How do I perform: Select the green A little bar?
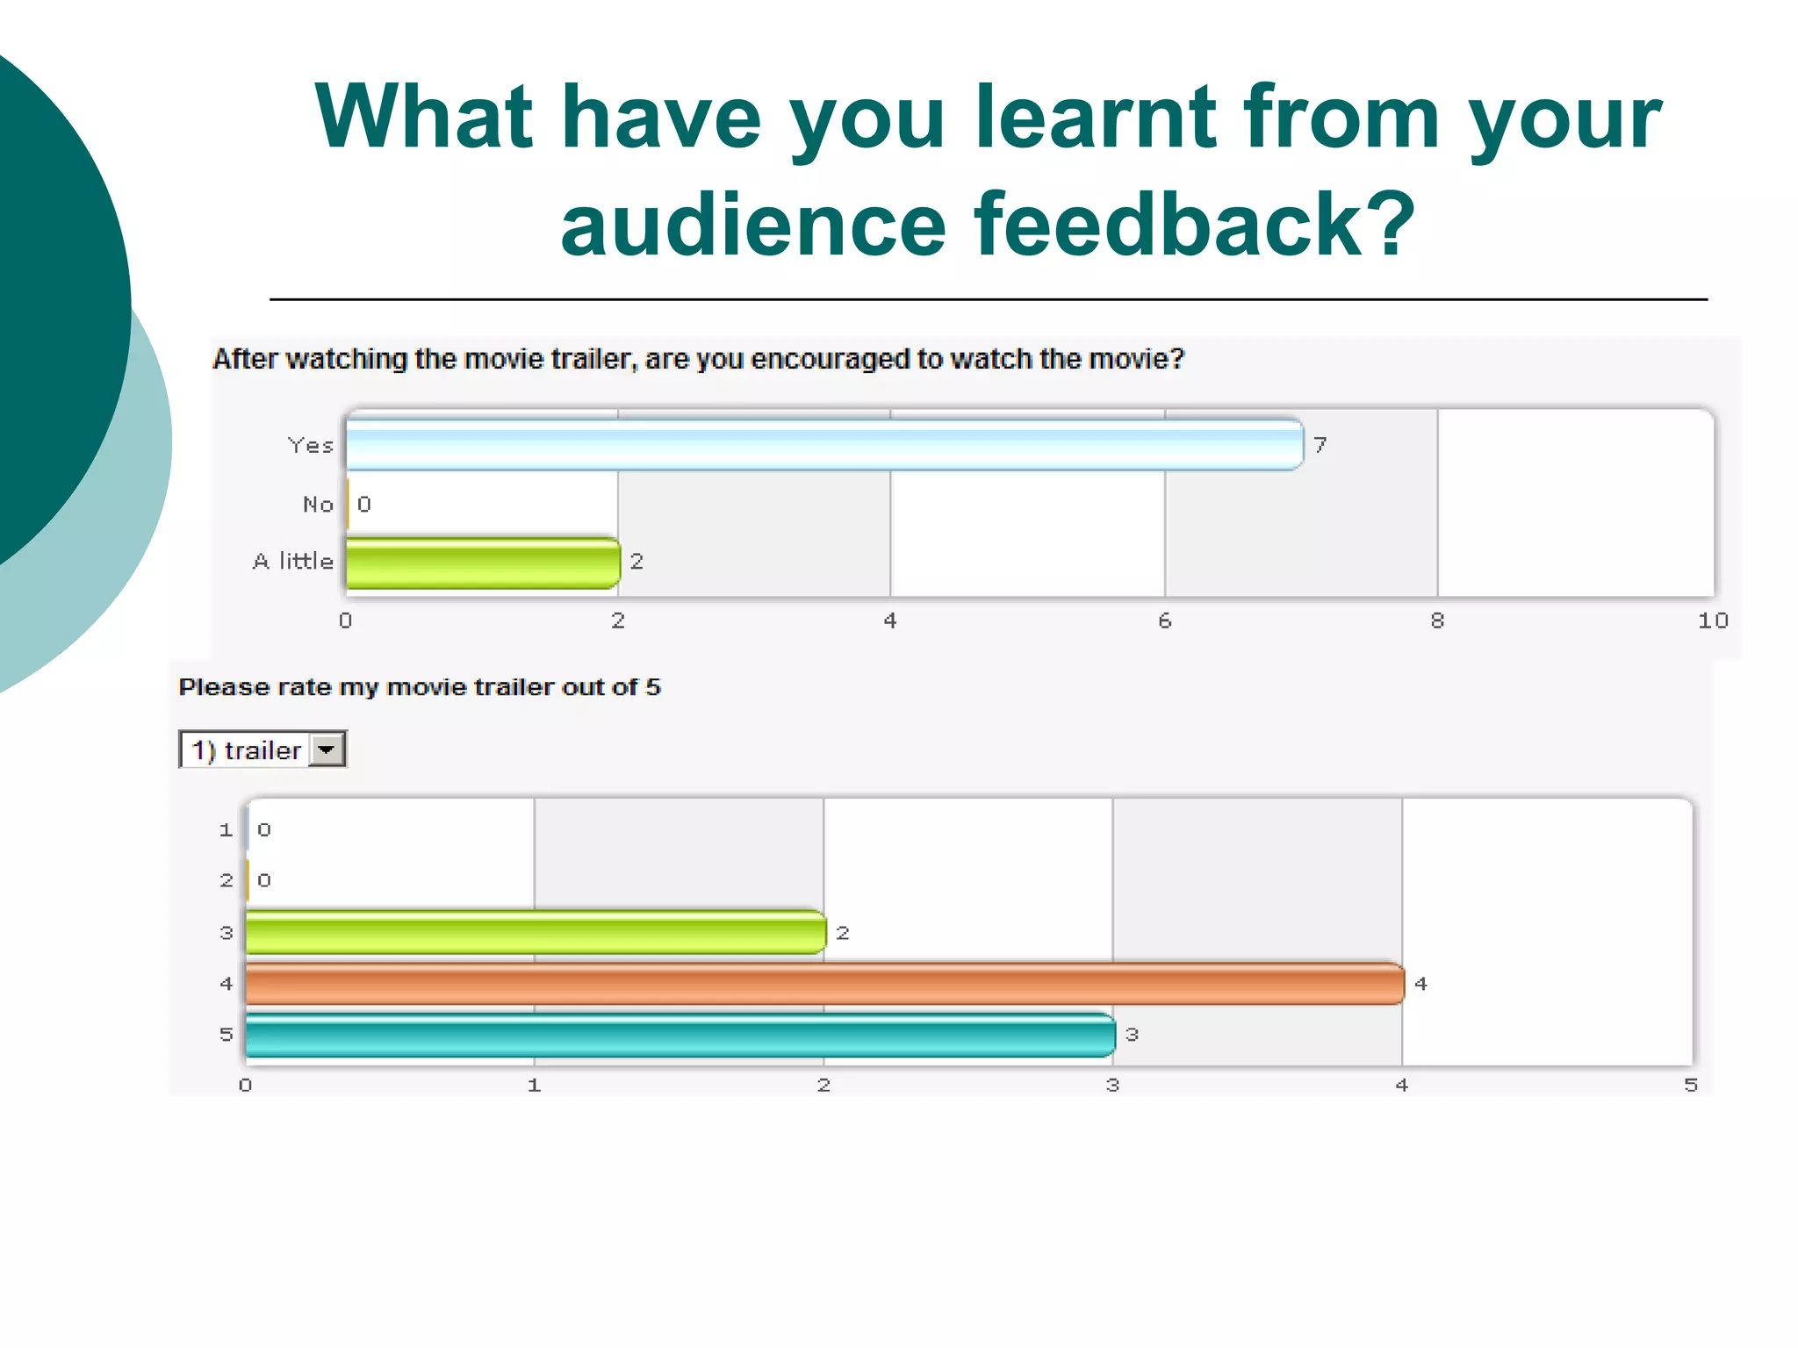click(483, 563)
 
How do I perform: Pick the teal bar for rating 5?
click(680, 1035)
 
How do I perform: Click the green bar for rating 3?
click(536, 933)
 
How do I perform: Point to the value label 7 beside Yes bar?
click(1320, 446)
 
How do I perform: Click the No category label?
click(318, 505)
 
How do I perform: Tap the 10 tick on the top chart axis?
click(1712, 621)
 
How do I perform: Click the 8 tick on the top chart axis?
click(1437, 621)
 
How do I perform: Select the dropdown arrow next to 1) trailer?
click(327, 750)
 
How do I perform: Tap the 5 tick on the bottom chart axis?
click(1690, 1086)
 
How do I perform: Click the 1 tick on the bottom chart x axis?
click(534, 1086)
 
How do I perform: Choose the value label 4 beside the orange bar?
click(1420, 985)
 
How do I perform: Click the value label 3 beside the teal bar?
click(1132, 1036)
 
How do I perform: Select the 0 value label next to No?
click(364, 505)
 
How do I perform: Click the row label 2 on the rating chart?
click(227, 880)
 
